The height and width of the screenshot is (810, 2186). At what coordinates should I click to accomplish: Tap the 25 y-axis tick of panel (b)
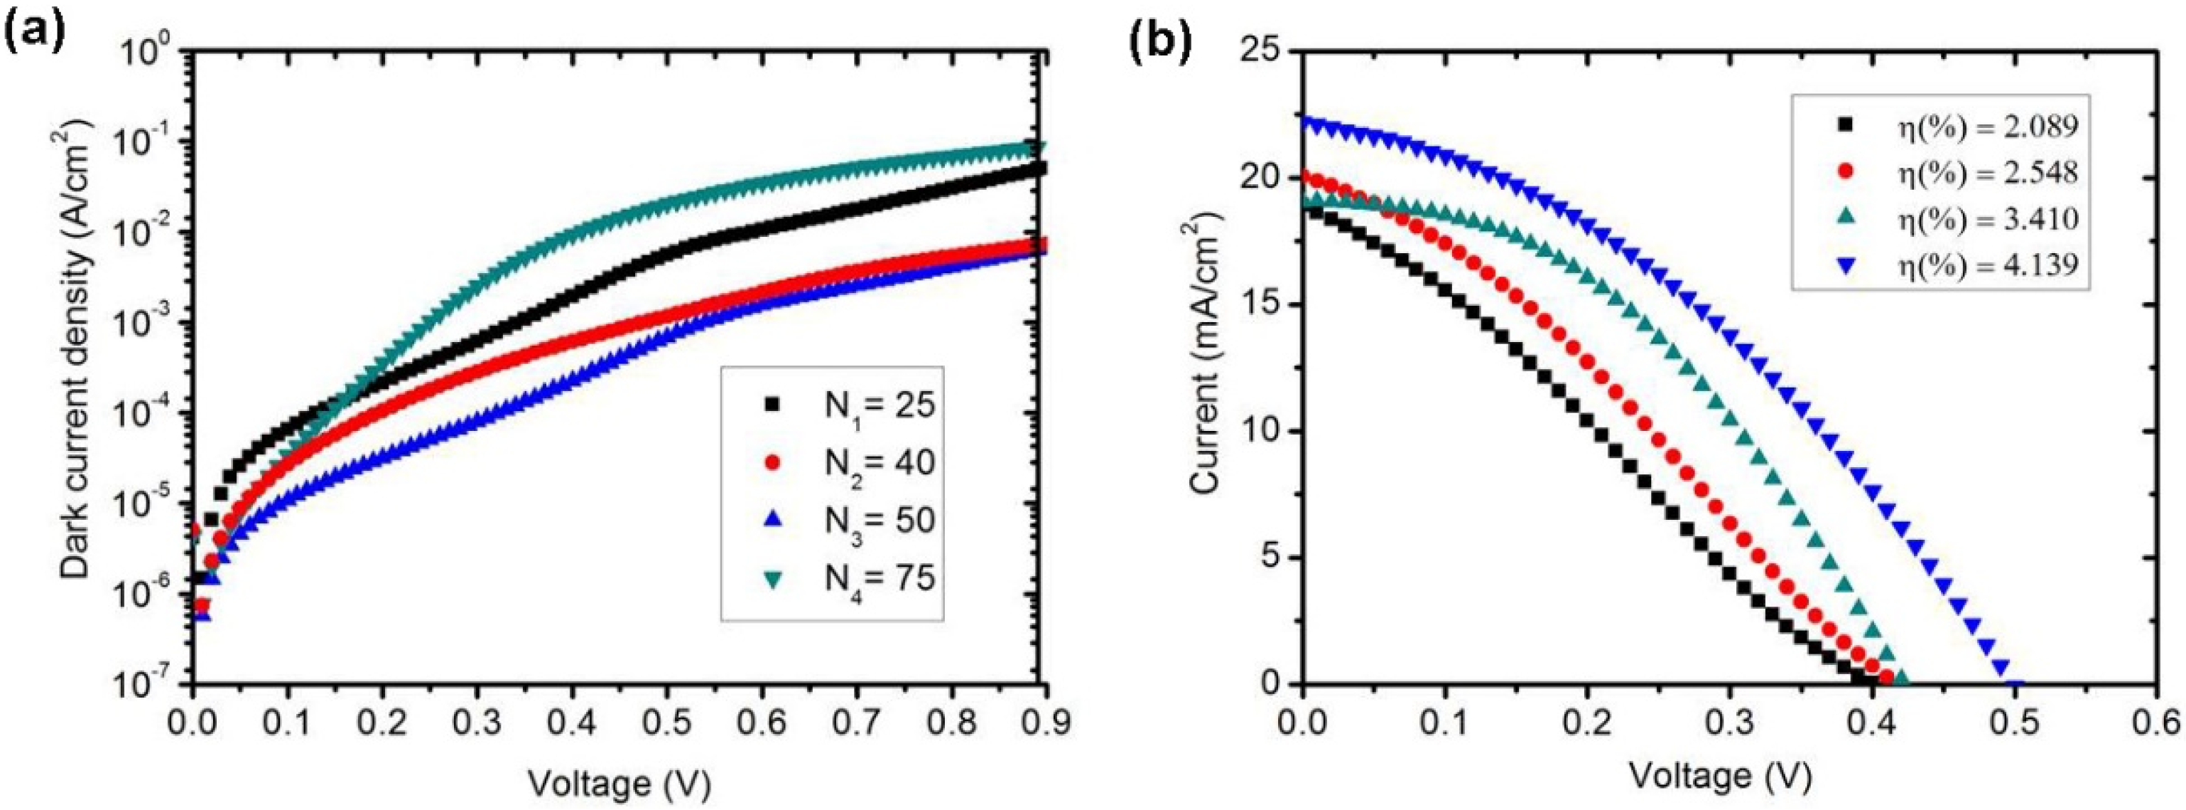pyautogui.click(x=1262, y=53)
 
